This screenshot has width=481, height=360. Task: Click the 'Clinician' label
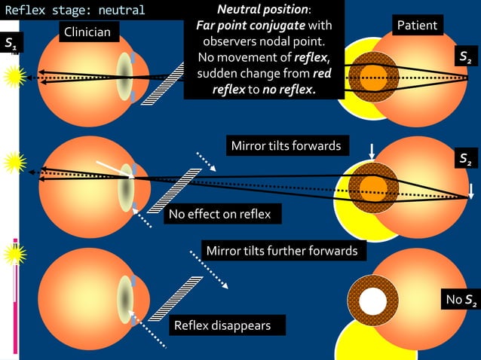pyautogui.click(x=87, y=32)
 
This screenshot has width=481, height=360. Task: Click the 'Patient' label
pyautogui.click(x=416, y=26)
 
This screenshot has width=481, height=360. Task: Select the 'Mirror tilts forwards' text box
pyautogui.click(x=286, y=145)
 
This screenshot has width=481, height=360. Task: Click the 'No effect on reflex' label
pyautogui.click(x=224, y=215)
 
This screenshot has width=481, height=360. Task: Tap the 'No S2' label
pyautogui.click(x=460, y=301)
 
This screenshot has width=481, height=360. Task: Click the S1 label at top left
pyautogui.click(x=11, y=43)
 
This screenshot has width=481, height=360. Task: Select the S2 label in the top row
pyautogui.click(x=467, y=56)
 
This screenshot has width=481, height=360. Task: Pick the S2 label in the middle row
pyautogui.click(x=467, y=159)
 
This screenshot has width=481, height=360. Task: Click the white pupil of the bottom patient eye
pyautogui.click(x=372, y=301)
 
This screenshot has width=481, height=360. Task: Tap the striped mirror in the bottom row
pyautogui.click(x=175, y=298)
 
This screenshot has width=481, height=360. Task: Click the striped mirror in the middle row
pyautogui.click(x=174, y=191)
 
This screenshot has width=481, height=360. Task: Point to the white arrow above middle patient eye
pyautogui.click(x=371, y=151)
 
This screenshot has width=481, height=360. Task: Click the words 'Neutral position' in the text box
pyautogui.click(x=262, y=11)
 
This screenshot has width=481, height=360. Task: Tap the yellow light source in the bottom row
pyautogui.click(x=14, y=254)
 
